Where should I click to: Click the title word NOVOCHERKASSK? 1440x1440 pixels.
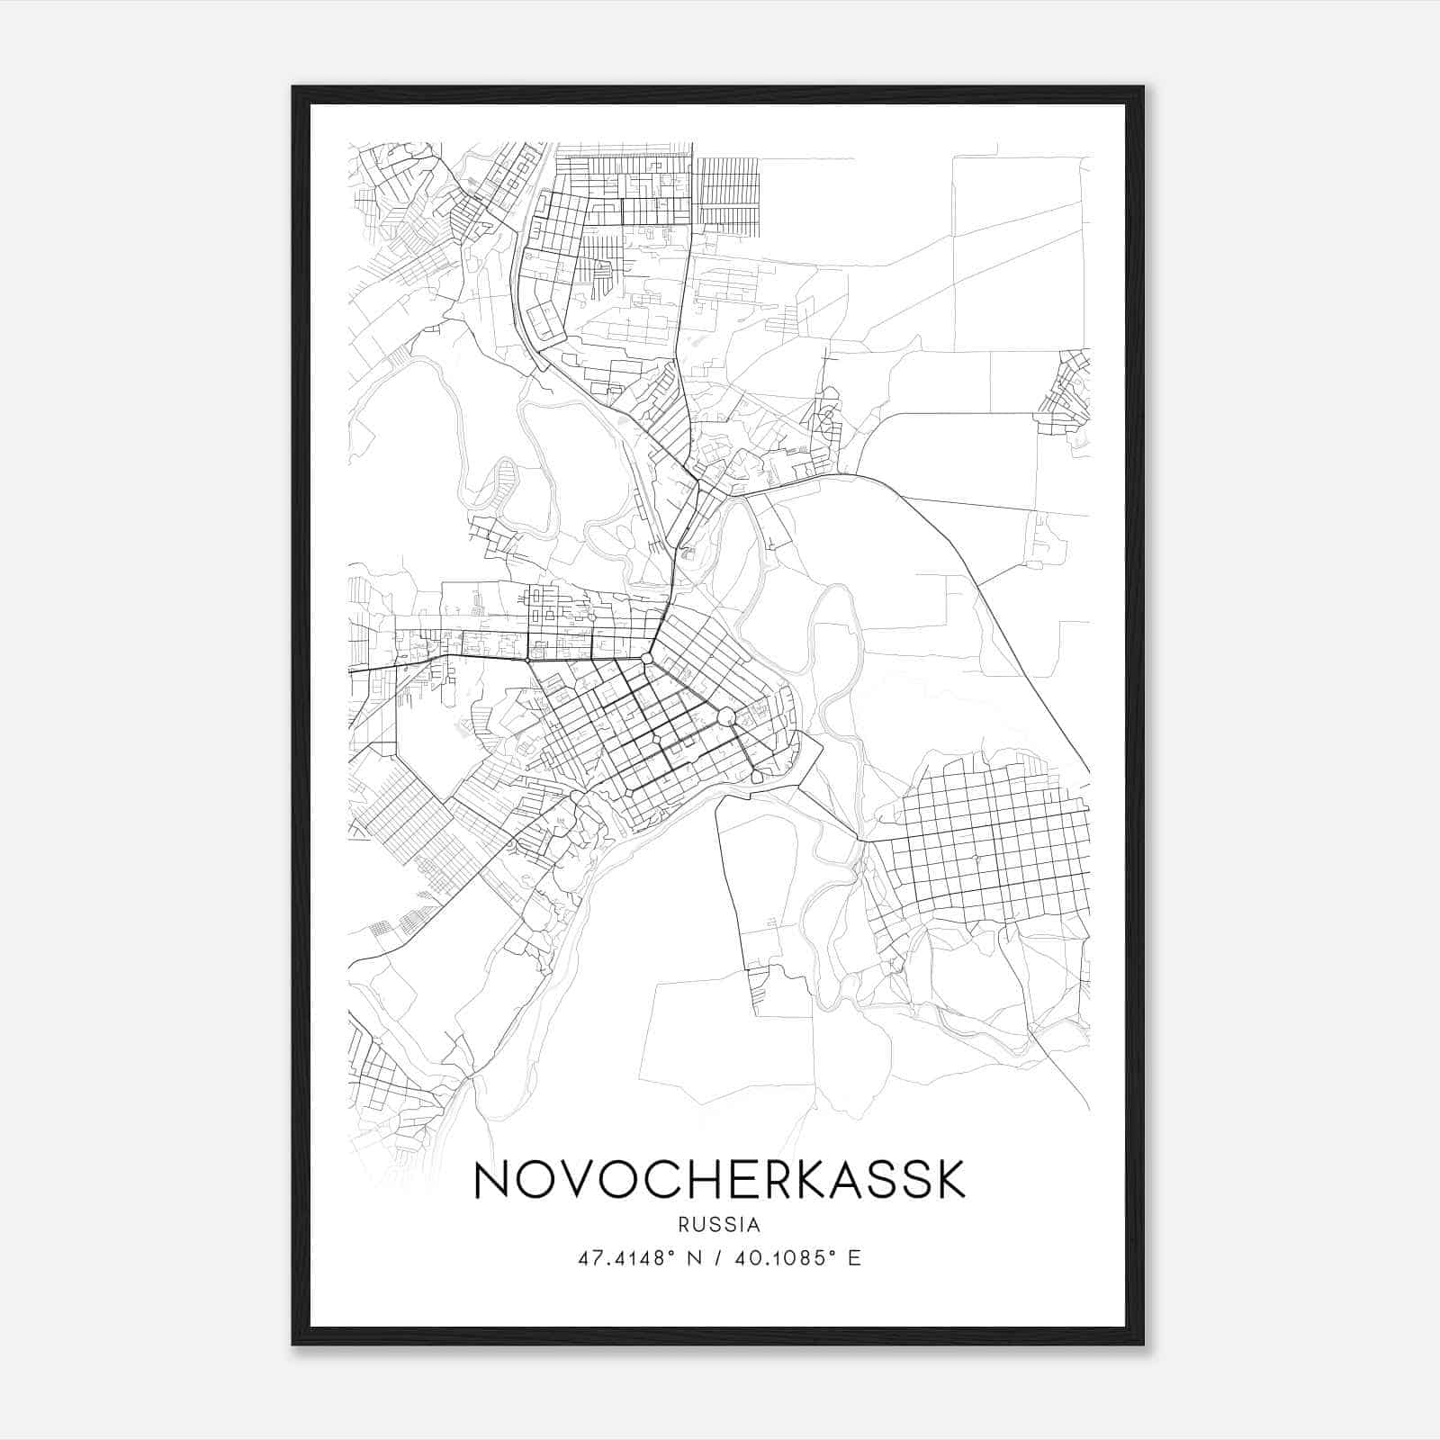tap(719, 1181)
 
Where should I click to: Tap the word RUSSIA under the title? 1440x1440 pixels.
tap(719, 1225)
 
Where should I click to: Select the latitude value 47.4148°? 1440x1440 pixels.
tap(625, 1257)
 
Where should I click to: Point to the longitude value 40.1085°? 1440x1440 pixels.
tap(774, 1257)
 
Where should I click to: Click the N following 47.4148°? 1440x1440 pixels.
tap(694, 1257)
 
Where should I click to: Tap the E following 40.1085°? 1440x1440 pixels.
tap(854, 1257)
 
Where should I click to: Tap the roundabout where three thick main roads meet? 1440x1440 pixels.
tap(646, 660)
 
